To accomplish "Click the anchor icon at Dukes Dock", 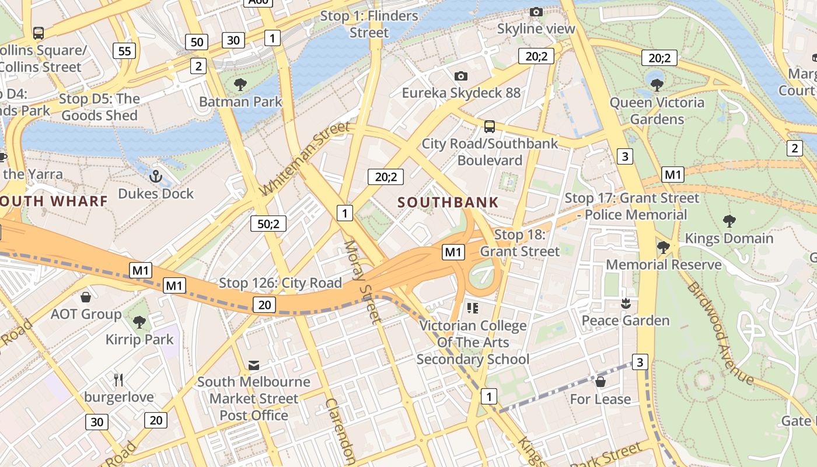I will click(x=155, y=176).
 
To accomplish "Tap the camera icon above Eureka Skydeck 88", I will click(x=460, y=76).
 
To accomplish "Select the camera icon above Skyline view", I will click(x=536, y=12).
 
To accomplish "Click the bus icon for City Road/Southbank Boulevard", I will click(x=490, y=126).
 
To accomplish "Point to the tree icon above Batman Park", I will click(x=240, y=85).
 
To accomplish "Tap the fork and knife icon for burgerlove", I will click(x=119, y=380).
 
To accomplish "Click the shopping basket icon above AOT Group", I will click(x=86, y=297).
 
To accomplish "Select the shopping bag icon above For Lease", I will click(x=600, y=382).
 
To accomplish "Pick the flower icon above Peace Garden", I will click(x=625, y=304).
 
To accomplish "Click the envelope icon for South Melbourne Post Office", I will click(x=254, y=365).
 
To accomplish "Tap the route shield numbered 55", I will click(x=124, y=51).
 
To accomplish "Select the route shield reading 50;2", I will click(x=268, y=224).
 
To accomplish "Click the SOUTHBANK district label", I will click(x=448, y=203).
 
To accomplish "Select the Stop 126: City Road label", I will click(x=280, y=283).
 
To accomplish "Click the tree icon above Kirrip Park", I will click(x=139, y=322).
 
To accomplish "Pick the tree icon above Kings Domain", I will click(x=729, y=221).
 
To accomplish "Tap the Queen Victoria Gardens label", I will click(x=657, y=111).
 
